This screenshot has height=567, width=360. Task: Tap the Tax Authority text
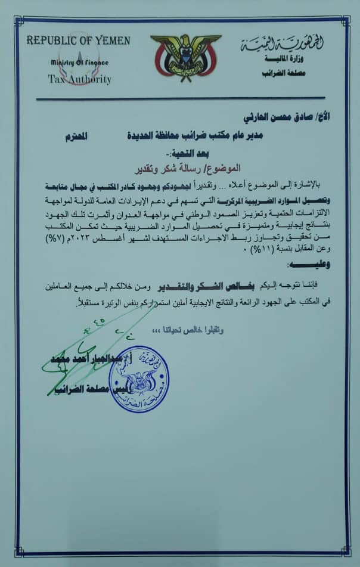79,79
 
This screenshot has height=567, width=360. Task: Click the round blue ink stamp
138,380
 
